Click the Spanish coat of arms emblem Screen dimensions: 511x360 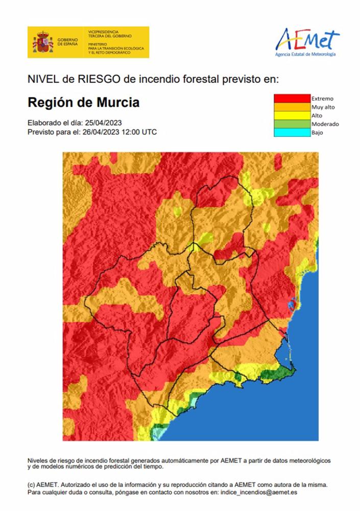coord(43,42)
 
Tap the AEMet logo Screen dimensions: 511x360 coord(307,41)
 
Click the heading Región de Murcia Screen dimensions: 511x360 coord(83,102)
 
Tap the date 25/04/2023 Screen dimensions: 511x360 coord(104,123)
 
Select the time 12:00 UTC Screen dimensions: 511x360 coord(140,132)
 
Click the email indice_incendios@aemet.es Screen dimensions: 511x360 coord(259,493)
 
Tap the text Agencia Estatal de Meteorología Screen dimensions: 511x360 coord(305,54)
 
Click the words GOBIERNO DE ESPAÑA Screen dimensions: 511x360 coord(67,42)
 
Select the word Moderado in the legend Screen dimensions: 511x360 coord(325,124)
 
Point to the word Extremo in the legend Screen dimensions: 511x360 coord(322,98)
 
